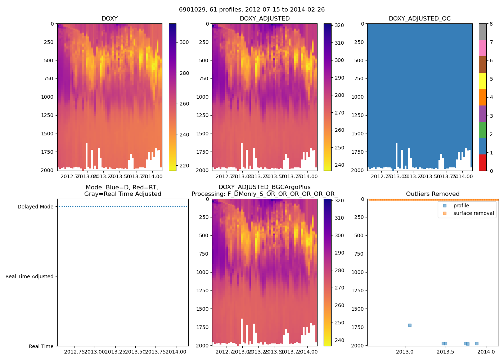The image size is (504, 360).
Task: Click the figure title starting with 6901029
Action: click(252, 10)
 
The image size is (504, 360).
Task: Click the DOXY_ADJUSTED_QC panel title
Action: click(419, 19)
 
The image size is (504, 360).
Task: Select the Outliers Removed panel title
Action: click(433, 194)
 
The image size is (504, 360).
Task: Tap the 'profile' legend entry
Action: click(461, 206)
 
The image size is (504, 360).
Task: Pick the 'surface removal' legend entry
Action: click(473, 213)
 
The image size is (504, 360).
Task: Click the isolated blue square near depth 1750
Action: click(410, 325)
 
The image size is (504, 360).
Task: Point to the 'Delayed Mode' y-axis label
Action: click(35, 207)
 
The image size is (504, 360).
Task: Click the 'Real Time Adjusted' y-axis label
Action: click(29, 276)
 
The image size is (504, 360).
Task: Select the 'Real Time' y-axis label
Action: click(41, 346)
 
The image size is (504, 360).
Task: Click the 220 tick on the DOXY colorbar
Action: click(184, 166)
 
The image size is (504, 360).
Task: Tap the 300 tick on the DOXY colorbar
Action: click(184, 42)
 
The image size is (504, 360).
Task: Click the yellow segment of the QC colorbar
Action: click(483, 81)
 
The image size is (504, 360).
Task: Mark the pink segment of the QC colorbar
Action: click(483, 48)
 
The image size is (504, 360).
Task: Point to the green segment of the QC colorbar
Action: click(483, 130)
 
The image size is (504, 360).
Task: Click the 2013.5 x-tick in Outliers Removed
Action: click(446, 352)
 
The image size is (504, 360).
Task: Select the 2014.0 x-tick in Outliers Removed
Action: click(486, 352)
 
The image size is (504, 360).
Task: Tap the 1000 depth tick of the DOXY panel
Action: click(47, 97)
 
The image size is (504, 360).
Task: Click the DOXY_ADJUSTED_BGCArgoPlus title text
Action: click(264, 187)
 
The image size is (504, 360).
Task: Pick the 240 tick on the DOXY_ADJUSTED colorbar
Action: click(339, 165)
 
